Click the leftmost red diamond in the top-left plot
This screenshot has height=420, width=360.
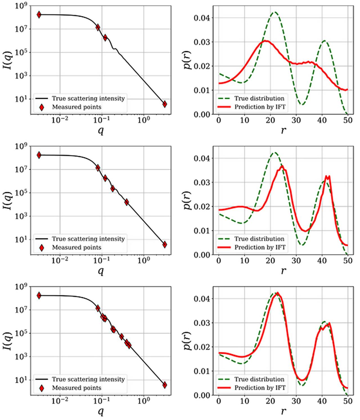(39, 15)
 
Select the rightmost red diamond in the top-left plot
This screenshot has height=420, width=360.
(165, 104)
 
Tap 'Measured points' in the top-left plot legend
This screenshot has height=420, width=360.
(76, 107)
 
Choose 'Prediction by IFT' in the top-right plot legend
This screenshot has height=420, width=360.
(260, 107)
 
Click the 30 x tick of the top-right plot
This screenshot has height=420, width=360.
(296, 120)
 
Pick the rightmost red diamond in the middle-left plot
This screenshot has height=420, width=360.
(165, 244)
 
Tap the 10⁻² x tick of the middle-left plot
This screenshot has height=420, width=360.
(60, 260)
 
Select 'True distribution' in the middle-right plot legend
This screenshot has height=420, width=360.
(259, 239)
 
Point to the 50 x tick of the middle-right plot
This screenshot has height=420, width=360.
(348, 260)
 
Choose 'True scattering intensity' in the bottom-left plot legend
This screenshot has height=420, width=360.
(88, 379)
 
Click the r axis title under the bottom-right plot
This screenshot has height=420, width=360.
(283, 412)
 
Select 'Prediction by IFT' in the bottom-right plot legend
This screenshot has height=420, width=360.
(260, 388)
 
